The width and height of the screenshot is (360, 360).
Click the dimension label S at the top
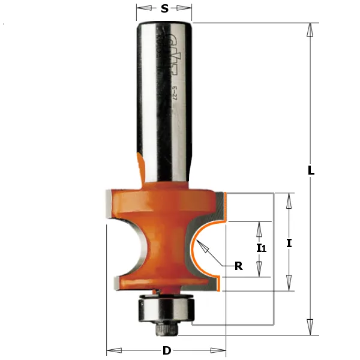click(x=164, y=8)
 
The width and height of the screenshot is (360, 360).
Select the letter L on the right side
click(x=311, y=170)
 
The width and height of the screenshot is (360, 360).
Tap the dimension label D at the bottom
click(x=167, y=350)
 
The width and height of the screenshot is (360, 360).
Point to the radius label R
click(x=238, y=267)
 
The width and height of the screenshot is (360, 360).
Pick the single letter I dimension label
click(x=289, y=243)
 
